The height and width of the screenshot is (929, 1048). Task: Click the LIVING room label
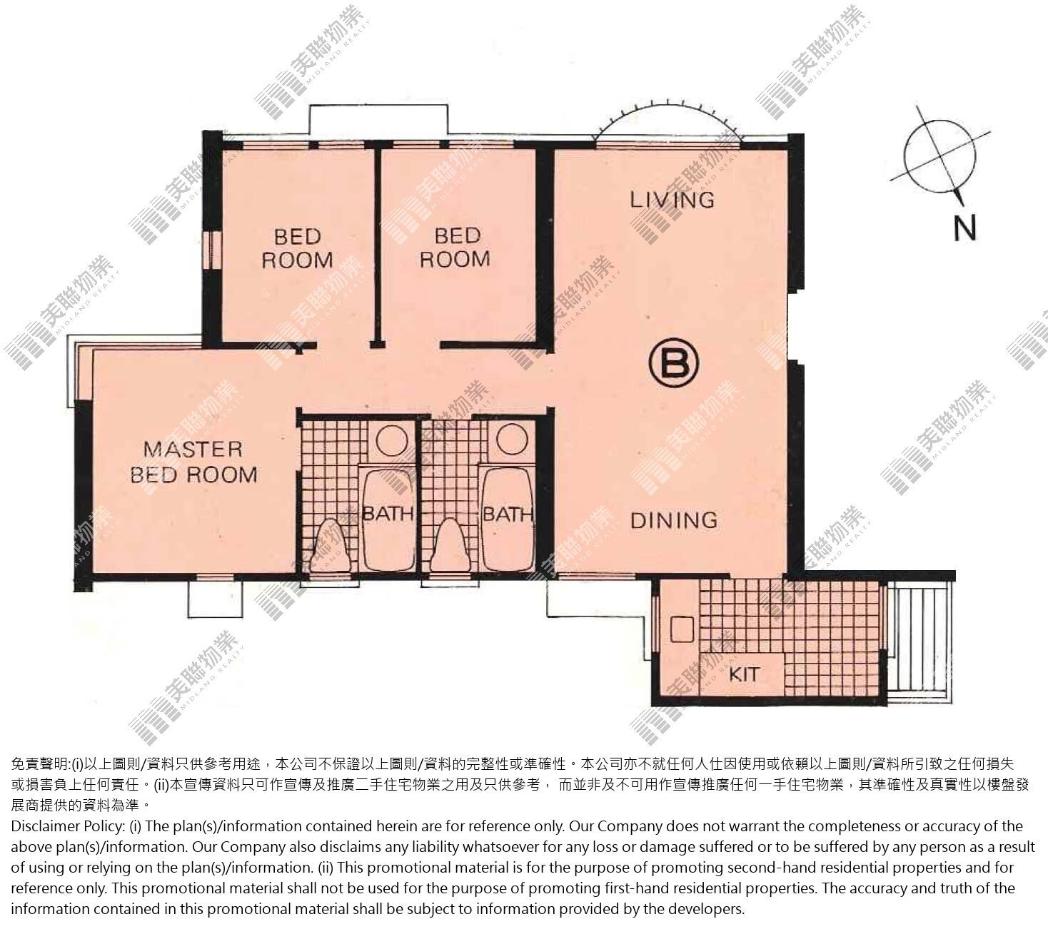672,200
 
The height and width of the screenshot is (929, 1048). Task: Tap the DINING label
674,520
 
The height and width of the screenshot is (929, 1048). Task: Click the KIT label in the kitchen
745,674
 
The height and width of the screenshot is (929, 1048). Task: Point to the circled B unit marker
673,363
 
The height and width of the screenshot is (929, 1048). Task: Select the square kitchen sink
682,629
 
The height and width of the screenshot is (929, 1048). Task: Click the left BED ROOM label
298,248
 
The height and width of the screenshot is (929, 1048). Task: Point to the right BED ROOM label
455,247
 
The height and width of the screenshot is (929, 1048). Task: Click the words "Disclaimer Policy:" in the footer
68,826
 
